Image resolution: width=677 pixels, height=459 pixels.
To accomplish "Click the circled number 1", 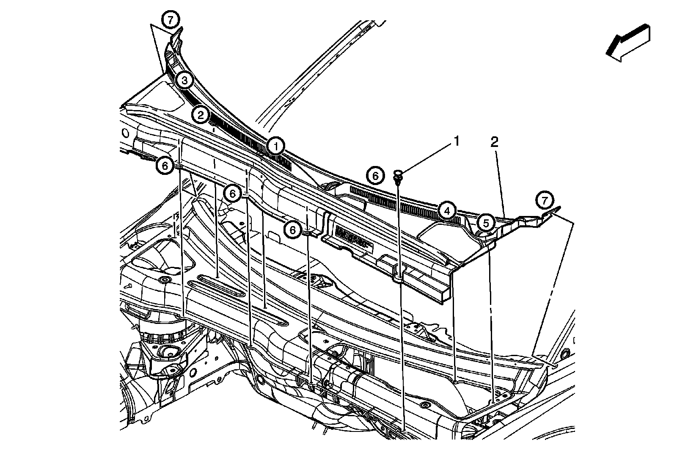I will click(x=275, y=147).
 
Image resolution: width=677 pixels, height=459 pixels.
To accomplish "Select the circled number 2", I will click(x=200, y=114).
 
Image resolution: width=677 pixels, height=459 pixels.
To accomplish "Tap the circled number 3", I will click(x=185, y=80).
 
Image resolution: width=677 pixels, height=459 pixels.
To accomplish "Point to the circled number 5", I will click(x=486, y=222).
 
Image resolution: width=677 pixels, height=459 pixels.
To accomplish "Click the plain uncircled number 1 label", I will click(x=456, y=141).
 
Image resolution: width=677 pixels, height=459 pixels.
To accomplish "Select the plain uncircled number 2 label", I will click(x=494, y=142).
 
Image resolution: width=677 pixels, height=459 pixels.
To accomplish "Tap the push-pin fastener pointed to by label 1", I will click(x=398, y=176).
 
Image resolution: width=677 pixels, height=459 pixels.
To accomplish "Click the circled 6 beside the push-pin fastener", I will click(x=376, y=175).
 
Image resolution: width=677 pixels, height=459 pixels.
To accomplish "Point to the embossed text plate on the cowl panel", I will click(x=352, y=237).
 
